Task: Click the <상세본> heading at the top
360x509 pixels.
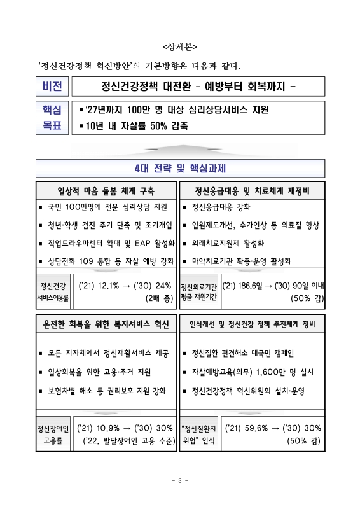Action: tap(180, 46)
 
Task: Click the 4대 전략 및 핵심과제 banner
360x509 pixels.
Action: tap(181, 169)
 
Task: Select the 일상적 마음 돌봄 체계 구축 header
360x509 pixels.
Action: tap(106, 191)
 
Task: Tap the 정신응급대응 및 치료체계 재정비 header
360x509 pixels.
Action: tap(253, 191)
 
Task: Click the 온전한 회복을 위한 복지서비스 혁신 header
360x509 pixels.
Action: tap(106, 325)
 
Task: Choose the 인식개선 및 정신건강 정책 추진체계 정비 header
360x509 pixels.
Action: tap(253, 325)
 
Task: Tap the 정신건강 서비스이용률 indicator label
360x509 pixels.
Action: tap(53, 291)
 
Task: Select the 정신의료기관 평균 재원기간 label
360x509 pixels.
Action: tap(199, 291)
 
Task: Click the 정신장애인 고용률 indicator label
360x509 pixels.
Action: tap(53, 433)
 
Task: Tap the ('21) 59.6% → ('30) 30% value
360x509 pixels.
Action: tap(273, 427)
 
